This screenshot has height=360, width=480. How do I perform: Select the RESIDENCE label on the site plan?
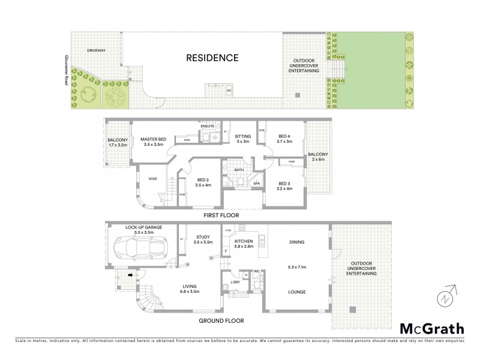coord(212,58)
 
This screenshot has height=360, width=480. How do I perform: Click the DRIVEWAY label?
coord(96,51)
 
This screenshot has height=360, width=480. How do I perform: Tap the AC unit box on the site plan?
coord(229,91)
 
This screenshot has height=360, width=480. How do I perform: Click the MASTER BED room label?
coord(153,139)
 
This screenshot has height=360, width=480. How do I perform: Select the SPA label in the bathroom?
coord(256,184)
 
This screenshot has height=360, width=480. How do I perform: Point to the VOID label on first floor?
coord(152,178)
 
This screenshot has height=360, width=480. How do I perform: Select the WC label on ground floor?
coord(256,272)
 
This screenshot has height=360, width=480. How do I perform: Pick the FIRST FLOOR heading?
coord(221,214)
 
